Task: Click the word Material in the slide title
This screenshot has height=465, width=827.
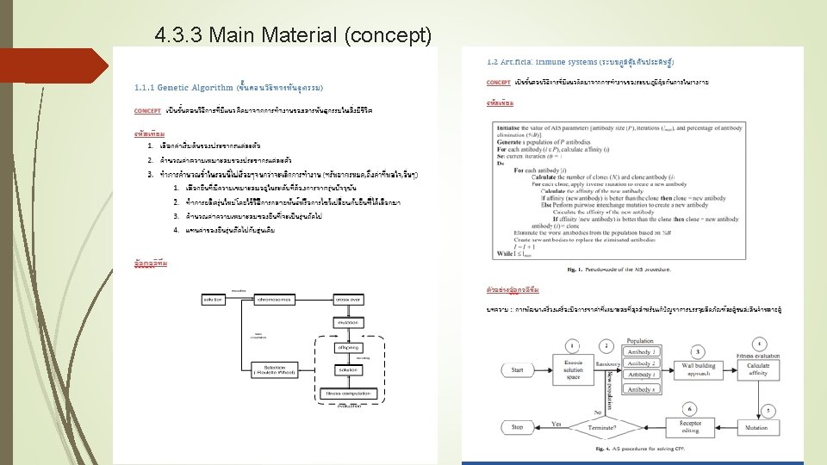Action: click(292, 35)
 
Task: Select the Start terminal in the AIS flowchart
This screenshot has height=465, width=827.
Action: click(518, 369)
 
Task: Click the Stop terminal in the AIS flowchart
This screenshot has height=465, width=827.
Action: click(518, 426)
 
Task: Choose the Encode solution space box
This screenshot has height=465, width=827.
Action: click(574, 369)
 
